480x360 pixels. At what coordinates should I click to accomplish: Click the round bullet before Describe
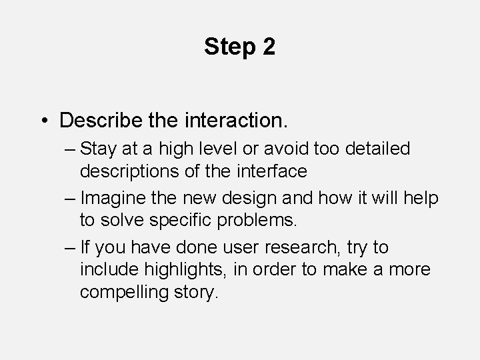[x=43, y=121]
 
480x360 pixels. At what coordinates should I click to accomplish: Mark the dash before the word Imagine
[x=69, y=199]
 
